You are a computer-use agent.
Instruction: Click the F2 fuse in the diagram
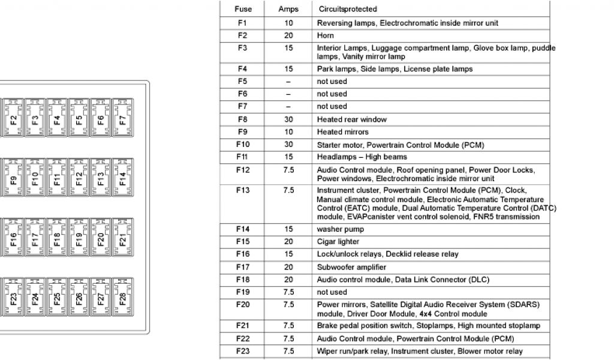pos(13,118)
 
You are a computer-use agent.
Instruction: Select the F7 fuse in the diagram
pos(123,118)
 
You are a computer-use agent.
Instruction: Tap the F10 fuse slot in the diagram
pos(35,178)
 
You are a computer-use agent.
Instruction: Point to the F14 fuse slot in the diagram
pos(123,178)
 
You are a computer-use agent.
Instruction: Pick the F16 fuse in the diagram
pos(13,238)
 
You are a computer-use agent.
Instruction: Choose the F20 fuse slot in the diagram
pos(101,238)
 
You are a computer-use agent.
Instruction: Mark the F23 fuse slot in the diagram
pos(13,298)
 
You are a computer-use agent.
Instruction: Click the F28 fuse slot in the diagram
pos(123,298)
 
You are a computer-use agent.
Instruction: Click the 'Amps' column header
pos(288,10)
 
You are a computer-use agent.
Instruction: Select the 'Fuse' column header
pos(243,10)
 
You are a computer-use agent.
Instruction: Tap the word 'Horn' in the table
pos(326,35)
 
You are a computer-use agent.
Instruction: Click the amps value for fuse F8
pos(288,119)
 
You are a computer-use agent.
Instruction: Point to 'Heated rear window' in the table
pos(352,119)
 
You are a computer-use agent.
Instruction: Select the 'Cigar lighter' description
pos(338,242)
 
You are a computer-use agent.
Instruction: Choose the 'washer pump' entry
pos(341,229)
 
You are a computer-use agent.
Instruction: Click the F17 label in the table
pos(243,267)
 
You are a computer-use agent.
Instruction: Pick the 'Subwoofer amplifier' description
pos(351,267)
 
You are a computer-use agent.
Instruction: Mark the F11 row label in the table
pos(243,157)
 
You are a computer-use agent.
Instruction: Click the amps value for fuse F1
pos(288,23)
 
